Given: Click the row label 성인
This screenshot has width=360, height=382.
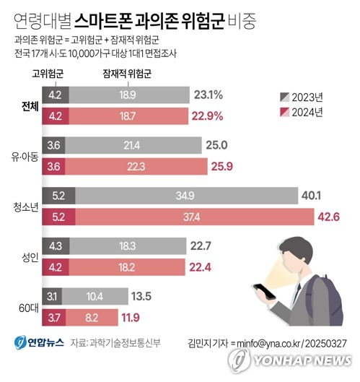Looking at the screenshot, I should click(27, 256).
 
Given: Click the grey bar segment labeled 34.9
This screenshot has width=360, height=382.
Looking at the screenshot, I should click(184, 196).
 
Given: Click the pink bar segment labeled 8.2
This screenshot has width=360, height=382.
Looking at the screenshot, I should click(92, 316).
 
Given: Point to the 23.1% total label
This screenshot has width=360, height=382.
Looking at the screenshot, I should click(207, 95).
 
